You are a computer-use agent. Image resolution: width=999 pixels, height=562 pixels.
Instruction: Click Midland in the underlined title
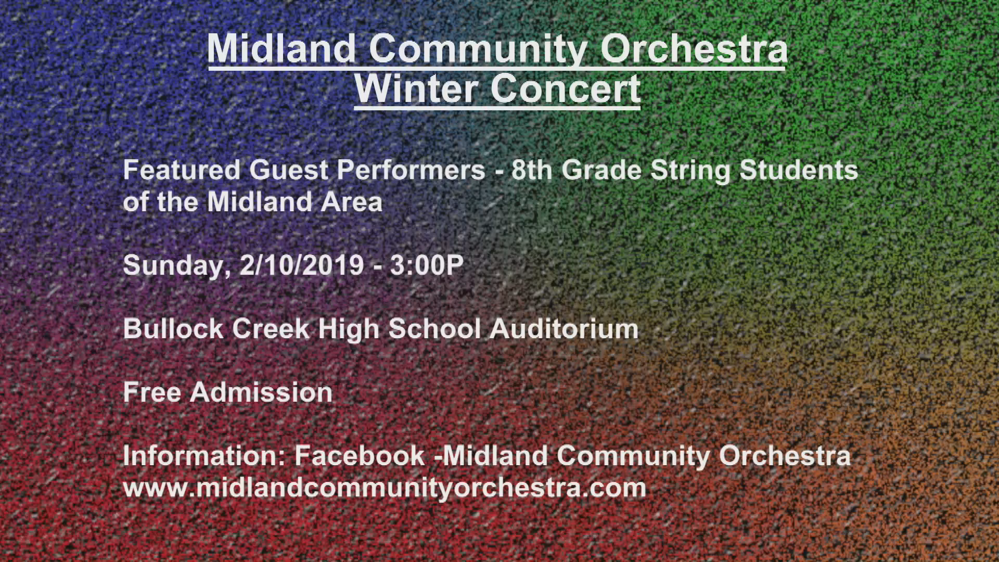point(281,48)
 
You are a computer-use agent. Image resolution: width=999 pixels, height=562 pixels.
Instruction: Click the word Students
point(799,170)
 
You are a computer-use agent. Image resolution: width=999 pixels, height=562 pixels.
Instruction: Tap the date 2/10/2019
point(302,265)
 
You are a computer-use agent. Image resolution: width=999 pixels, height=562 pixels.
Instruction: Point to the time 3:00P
point(427,265)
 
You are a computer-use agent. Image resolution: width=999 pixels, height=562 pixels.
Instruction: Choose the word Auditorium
point(564,328)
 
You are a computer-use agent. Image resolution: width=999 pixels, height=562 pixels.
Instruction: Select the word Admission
point(261,392)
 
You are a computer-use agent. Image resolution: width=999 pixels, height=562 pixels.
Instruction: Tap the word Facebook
point(360,455)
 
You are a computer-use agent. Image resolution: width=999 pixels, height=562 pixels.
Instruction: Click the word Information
point(204,455)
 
